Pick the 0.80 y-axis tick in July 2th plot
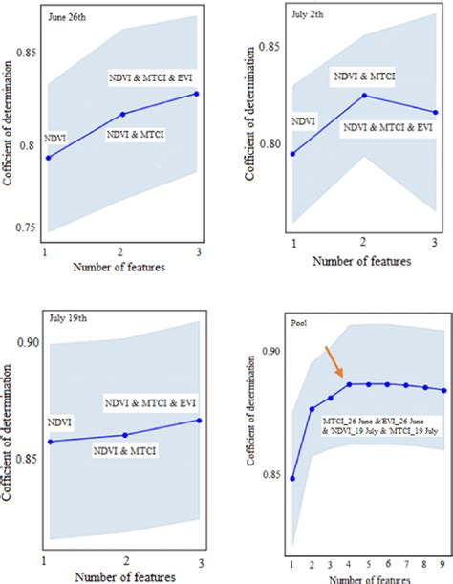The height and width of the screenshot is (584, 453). point(269,145)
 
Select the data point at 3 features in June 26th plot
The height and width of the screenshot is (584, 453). point(197,94)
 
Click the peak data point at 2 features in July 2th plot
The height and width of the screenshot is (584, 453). point(363,96)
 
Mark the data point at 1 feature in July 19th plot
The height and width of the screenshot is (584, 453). point(48,441)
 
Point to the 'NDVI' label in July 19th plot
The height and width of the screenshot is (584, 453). point(59,422)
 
